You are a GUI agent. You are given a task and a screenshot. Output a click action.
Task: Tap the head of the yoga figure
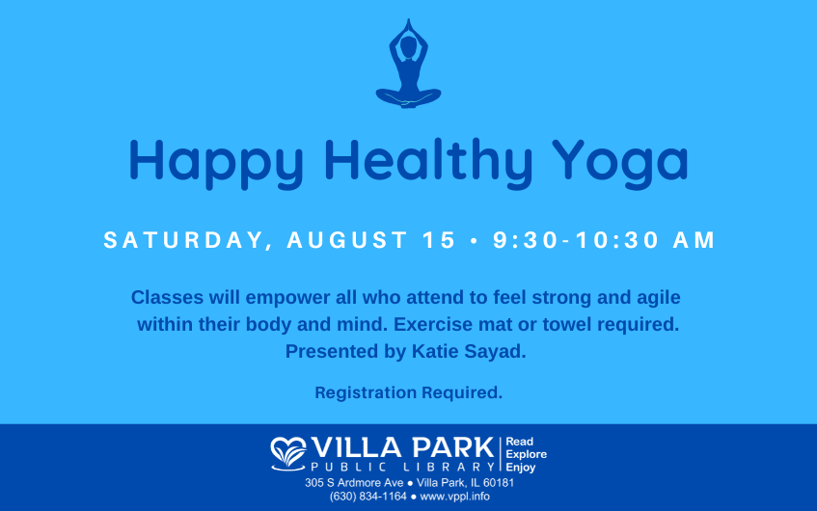409,47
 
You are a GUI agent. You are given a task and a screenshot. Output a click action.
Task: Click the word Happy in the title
216,164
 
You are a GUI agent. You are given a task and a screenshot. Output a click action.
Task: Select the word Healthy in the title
428,163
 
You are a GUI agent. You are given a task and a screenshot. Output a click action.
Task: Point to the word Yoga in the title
620,164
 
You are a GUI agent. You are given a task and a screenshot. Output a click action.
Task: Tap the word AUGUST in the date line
347,240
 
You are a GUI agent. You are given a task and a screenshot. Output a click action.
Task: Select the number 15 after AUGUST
439,240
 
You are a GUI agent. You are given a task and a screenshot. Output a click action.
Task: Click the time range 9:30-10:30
576,240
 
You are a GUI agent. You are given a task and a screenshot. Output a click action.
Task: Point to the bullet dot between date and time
475,241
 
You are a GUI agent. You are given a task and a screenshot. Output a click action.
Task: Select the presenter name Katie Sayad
469,352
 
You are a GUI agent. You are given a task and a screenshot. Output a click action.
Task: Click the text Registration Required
409,392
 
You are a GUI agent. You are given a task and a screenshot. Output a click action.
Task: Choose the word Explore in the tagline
527,455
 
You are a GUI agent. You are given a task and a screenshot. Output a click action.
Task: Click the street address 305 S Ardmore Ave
354,483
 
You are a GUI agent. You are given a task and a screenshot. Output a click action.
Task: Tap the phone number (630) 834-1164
368,497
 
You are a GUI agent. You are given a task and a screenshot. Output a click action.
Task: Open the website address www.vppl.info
455,497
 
